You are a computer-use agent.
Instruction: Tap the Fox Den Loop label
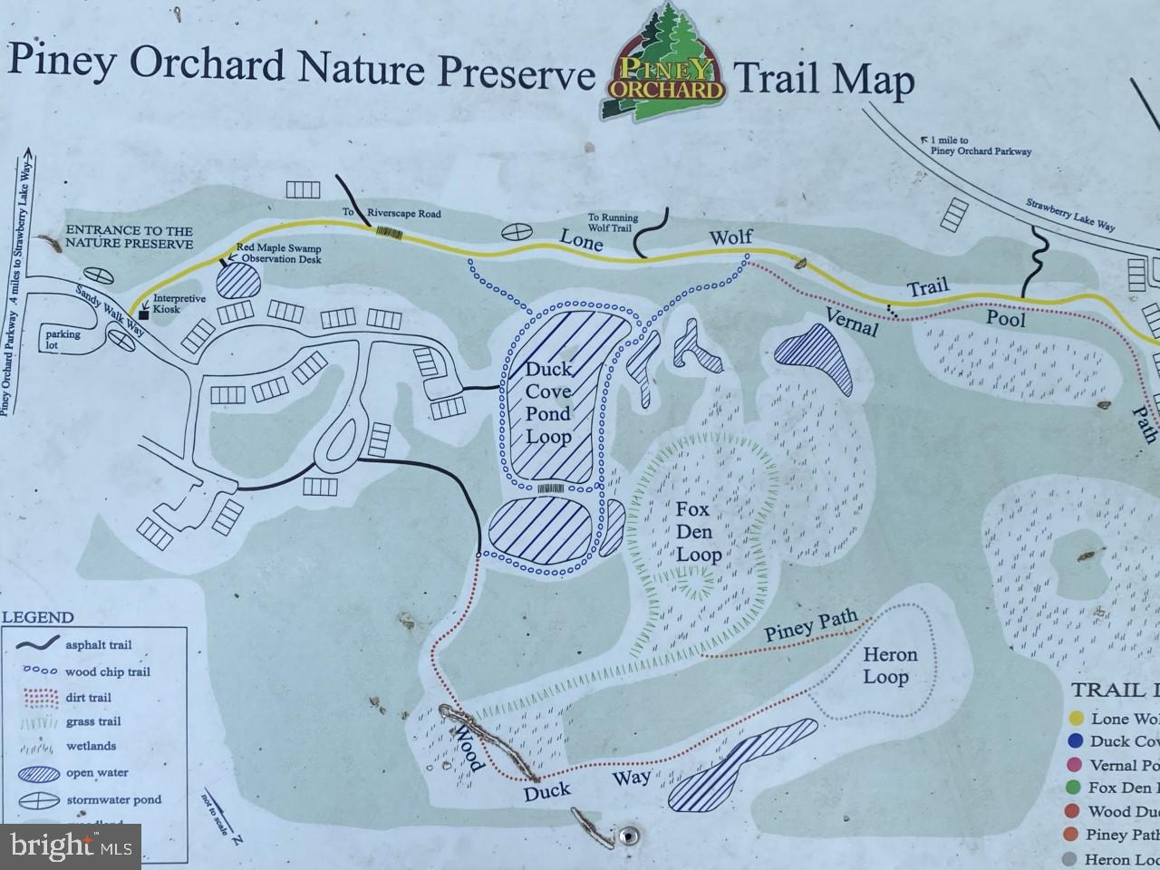699,532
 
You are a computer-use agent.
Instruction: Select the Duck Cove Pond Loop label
549,403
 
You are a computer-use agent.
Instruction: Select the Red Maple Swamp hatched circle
239,277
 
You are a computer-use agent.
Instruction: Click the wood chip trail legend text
108,672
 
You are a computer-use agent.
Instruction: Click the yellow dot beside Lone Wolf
1077,719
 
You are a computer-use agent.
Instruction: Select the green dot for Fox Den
1077,788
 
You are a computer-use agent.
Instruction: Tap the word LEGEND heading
40,617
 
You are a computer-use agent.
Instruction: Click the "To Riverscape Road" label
391,213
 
